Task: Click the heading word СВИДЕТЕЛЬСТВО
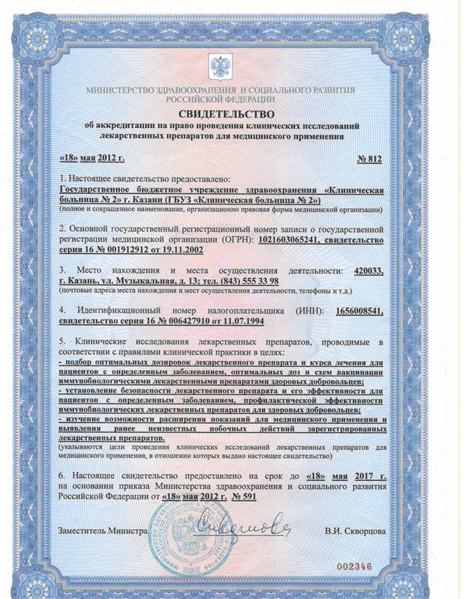click(232, 112)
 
